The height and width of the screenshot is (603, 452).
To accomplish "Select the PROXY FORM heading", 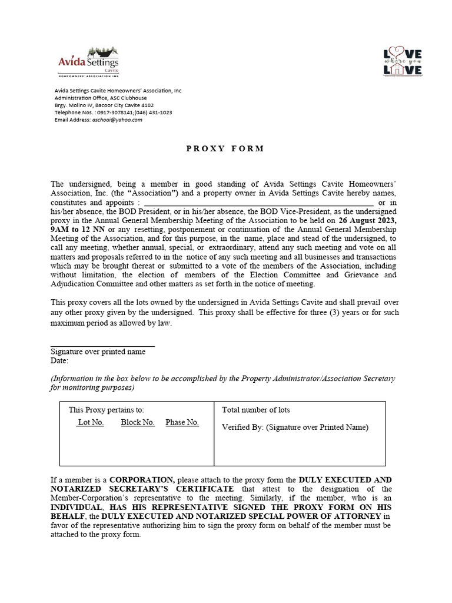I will [x=225, y=148].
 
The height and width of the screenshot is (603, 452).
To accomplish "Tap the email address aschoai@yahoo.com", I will [x=117, y=120].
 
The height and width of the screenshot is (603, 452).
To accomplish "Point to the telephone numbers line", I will [x=113, y=112].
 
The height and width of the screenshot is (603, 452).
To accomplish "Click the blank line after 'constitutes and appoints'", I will [x=258, y=202].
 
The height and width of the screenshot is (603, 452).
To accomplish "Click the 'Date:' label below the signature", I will [x=59, y=360].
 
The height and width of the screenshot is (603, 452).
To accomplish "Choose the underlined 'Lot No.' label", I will [x=91, y=422].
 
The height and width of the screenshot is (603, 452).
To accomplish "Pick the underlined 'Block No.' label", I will [x=138, y=422].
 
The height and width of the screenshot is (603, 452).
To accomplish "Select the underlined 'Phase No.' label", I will [x=182, y=422].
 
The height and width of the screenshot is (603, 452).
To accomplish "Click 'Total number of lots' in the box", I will [x=255, y=410].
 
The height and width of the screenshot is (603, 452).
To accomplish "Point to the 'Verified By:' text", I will [x=242, y=428].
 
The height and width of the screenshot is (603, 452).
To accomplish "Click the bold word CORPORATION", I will [x=142, y=480].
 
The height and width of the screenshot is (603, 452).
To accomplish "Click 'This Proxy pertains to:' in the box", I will [x=106, y=410].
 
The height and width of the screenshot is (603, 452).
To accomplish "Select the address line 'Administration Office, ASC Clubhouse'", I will [x=101, y=98].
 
